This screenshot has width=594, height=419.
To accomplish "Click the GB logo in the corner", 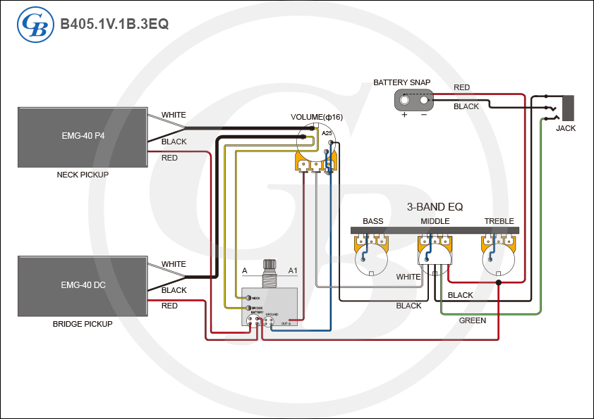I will click(x=34, y=25).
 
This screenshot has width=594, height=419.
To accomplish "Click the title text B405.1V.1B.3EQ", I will click(x=114, y=24).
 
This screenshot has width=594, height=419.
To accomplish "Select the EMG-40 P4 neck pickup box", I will click(x=83, y=137).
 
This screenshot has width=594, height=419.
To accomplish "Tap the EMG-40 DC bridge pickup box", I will click(x=83, y=286).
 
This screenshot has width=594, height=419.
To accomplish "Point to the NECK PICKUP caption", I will click(x=83, y=175).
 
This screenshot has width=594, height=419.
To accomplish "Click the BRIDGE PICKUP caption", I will click(x=83, y=324).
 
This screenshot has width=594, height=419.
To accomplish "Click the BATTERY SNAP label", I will click(x=401, y=83).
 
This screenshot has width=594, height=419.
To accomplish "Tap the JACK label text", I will click(x=566, y=129).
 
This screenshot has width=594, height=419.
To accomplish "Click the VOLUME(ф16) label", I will click(x=317, y=117).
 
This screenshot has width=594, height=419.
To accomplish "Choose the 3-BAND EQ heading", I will click(x=435, y=207).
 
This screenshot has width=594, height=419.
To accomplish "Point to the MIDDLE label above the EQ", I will click(x=435, y=221).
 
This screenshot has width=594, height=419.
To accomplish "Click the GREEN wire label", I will click(x=472, y=320).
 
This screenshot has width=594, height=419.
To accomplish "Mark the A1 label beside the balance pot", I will click(x=293, y=270).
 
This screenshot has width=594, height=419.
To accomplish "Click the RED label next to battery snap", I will click(x=461, y=87).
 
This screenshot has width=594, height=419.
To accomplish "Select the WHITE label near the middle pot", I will click(x=408, y=277).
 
